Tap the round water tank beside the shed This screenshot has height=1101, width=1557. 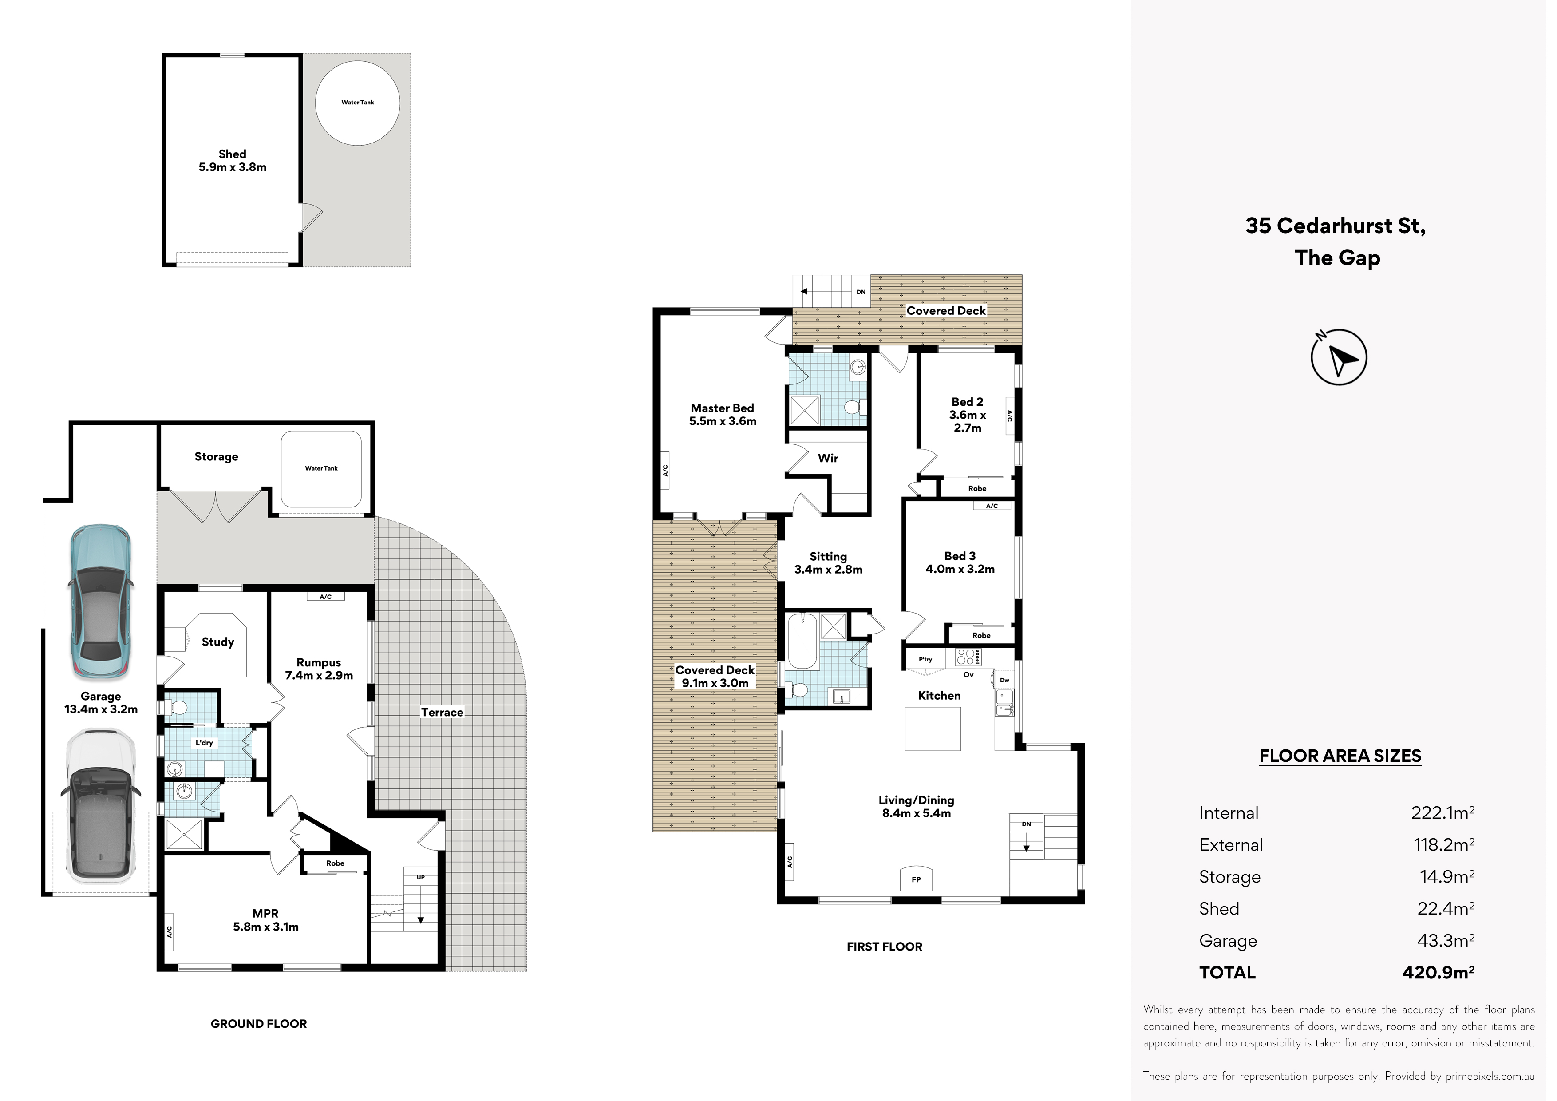[357, 103]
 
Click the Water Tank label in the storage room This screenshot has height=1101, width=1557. [321, 468]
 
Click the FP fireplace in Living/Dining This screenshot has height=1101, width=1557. [916, 879]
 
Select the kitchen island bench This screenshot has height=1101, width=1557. [933, 729]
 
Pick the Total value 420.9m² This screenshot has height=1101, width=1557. [1438, 972]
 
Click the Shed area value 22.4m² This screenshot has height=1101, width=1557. [1446, 908]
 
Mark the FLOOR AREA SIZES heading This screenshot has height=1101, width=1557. [1340, 756]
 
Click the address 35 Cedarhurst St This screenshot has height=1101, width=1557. [1335, 226]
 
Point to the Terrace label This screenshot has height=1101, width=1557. [442, 712]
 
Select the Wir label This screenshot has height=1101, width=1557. [828, 458]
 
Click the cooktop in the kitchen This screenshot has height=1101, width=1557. [967, 657]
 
